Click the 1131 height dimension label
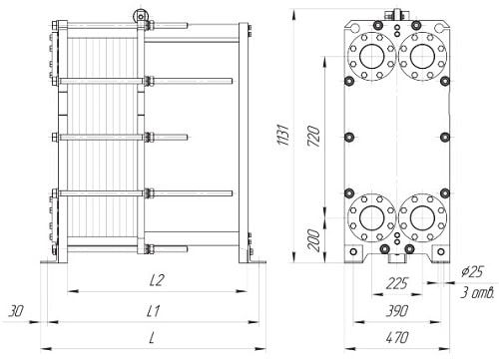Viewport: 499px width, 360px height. pyautogui.click(x=283, y=136)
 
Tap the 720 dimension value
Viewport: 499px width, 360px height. pyautogui.click(x=313, y=137)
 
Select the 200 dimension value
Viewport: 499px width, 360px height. pyautogui.click(x=313, y=240)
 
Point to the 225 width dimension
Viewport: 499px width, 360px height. pyautogui.click(x=397, y=284)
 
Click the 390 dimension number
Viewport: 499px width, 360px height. pyautogui.click(x=397, y=311)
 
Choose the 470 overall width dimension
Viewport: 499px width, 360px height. pyautogui.click(x=397, y=338)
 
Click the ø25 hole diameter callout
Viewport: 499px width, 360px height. pyautogui.click(x=472, y=272)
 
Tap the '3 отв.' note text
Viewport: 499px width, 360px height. pyautogui.click(x=477, y=293)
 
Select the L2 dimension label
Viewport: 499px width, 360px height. pyautogui.click(x=157, y=280)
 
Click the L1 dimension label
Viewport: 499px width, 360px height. pyautogui.click(x=154, y=311)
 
